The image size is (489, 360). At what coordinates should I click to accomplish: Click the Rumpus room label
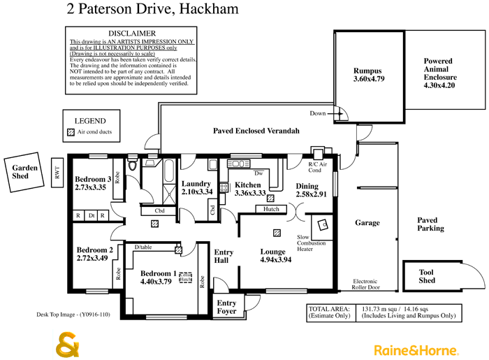point(368,71)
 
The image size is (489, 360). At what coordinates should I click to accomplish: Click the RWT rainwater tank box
point(57,172)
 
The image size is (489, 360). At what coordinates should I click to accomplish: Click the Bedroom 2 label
point(95,250)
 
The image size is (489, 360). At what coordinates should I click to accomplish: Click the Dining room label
point(307,186)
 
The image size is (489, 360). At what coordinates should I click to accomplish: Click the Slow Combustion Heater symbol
point(323,224)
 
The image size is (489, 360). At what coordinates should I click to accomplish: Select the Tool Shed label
point(427,276)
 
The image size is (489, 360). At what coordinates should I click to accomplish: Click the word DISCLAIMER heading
point(132,34)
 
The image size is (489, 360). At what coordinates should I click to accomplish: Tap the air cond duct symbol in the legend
point(70,131)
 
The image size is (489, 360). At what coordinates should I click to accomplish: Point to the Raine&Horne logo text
point(416,350)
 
